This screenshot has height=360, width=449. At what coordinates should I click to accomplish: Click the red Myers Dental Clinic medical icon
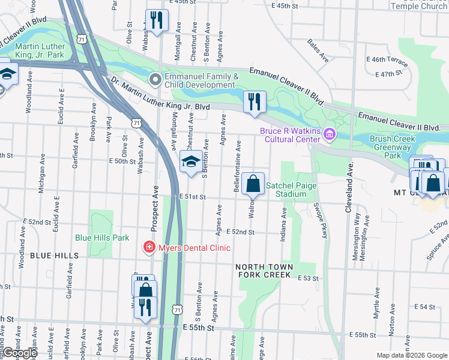pyautogui.click(x=148, y=247)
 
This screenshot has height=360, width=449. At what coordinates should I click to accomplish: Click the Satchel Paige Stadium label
pyautogui.click(x=291, y=190)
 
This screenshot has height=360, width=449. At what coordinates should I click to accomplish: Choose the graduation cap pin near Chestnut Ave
pyautogui.click(x=191, y=162)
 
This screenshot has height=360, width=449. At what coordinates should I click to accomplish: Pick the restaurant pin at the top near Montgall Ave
pyautogui.click(x=157, y=21)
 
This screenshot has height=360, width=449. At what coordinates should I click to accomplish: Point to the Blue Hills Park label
pyautogui.click(x=102, y=238)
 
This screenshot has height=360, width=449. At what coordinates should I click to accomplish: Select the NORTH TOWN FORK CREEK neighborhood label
pyautogui.click(x=264, y=271)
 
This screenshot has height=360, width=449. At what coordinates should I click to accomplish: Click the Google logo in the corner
pyautogui.click(x=20, y=353)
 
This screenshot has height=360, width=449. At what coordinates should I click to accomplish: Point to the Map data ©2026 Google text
pyautogui.click(x=411, y=355)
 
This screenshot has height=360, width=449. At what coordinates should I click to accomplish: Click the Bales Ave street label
pyautogui.click(x=318, y=51)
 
